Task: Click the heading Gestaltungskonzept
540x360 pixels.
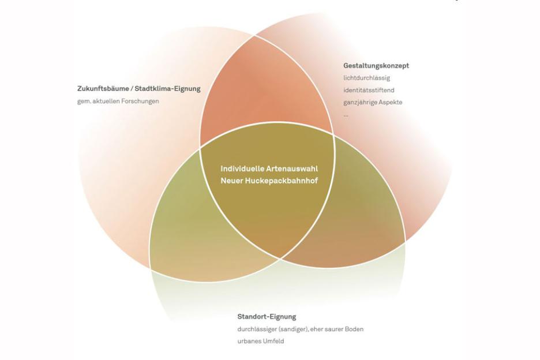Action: point(376,66)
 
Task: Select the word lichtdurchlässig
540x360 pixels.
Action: point(366,78)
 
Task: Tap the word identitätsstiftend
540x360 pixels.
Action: point(369,90)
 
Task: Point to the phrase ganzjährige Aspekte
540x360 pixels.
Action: point(373,102)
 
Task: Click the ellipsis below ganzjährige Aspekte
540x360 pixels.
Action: point(346,114)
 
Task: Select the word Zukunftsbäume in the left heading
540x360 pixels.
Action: point(100,89)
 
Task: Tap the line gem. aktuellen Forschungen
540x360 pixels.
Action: point(118,101)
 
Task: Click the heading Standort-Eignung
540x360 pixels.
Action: point(267,317)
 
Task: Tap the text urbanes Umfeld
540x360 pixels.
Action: point(260,341)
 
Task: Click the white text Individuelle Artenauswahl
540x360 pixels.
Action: point(269,169)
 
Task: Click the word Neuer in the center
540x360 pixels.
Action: point(232,181)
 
